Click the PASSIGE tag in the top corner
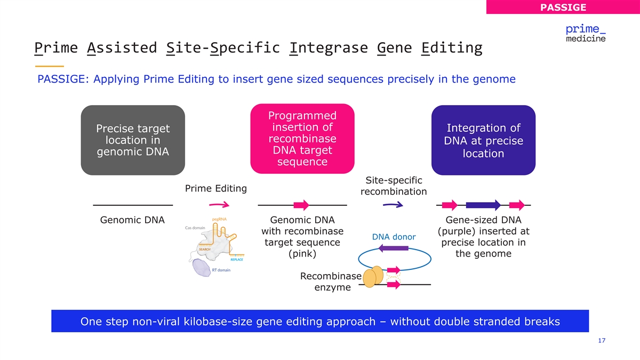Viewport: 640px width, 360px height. (x=563, y=7)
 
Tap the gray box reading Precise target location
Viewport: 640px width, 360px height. (x=133, y=140)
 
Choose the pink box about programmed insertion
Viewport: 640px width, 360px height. (x=302, y=139)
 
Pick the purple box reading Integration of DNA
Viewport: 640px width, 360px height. (x=483, y=140)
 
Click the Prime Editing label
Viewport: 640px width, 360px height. (x=215, y=188)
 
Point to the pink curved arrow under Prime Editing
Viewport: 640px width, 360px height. (x=219, y=205)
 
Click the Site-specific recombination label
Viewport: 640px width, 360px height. (x=394, y=186)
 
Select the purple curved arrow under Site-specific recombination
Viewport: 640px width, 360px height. (x=392, y=205)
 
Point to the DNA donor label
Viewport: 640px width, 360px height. (x=394, y=237)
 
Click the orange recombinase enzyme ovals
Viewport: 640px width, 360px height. (x=373, y=276)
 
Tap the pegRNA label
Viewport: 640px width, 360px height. (x=219, y=219)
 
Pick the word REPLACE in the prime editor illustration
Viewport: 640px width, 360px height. (x=237, y=260)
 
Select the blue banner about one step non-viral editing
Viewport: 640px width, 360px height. (x=320, y=322)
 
